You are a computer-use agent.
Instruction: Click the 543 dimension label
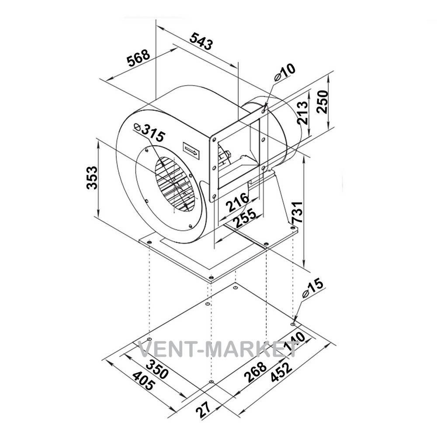click(x=201, y=41)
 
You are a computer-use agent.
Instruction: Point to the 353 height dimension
click(x=92, y=178)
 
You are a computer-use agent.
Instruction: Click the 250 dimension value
click(x=323, y=102)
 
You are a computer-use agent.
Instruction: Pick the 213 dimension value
click(x=302, y=113)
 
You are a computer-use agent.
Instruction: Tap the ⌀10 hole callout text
click(x=284, y=72)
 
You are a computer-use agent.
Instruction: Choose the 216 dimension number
click(x=237, y=202)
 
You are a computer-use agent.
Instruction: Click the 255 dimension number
click(x=244, y=218)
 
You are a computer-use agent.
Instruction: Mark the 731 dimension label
click(x=297, y=212)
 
